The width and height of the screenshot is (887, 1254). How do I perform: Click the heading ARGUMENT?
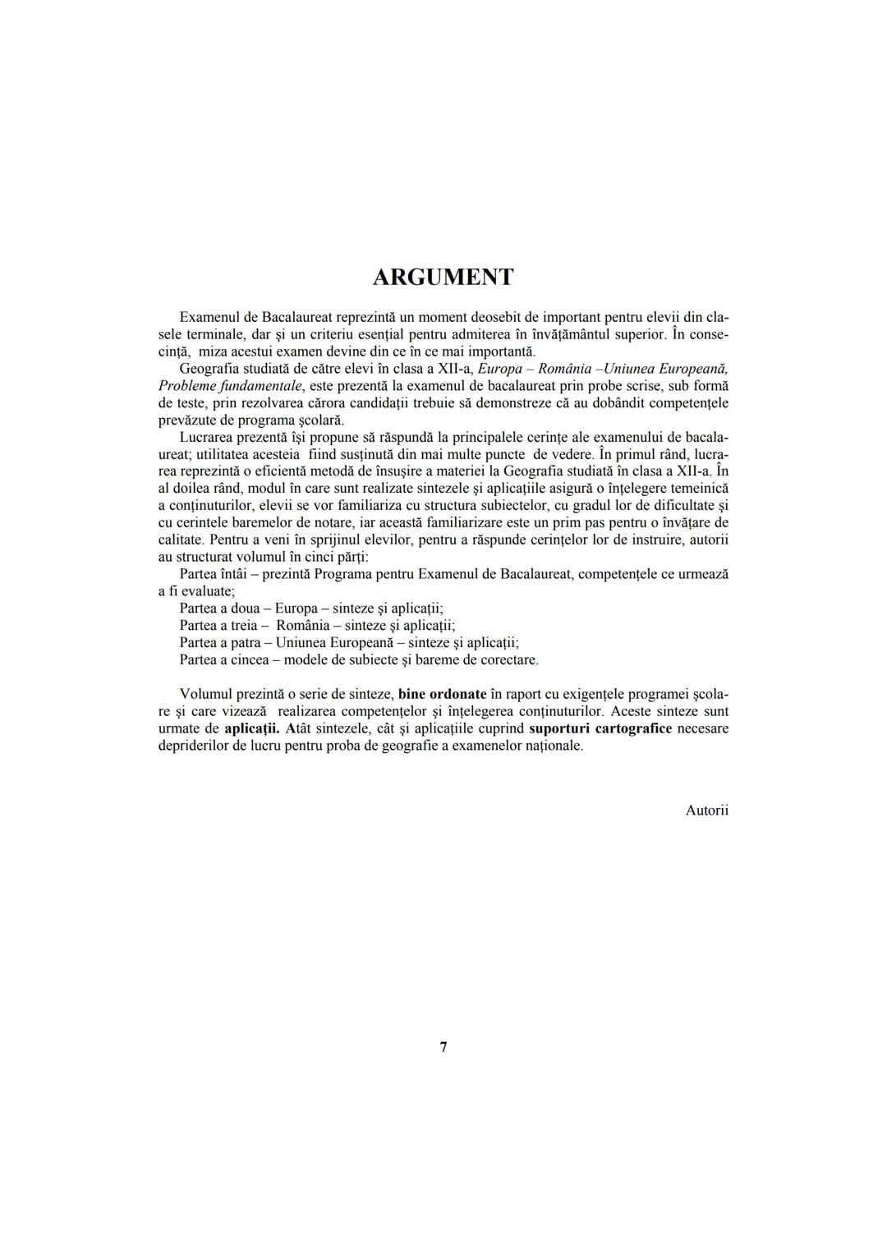pos(443,277)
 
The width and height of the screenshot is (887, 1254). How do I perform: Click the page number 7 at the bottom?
pos(443,1047)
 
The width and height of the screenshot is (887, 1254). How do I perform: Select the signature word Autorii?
pos(706,811)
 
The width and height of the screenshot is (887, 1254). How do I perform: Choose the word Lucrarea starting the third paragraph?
pos(205,437)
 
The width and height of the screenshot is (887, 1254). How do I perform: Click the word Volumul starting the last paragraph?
pos(205,694)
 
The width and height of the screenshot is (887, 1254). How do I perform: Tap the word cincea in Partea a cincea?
pos(250,659)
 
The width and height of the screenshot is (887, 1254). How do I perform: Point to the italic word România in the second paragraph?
pos(558,368)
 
